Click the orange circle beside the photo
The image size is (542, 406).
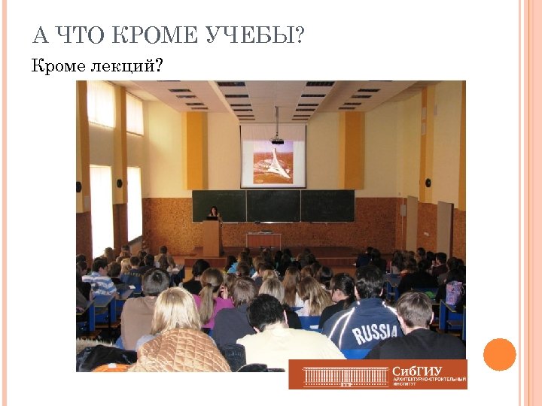499,354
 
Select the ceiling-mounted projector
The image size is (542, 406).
276,139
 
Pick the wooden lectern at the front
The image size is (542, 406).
212,237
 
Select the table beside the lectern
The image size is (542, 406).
263,239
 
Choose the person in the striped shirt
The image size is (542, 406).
99,277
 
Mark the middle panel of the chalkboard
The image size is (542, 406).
273,205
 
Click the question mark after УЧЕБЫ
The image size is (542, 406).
300,35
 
